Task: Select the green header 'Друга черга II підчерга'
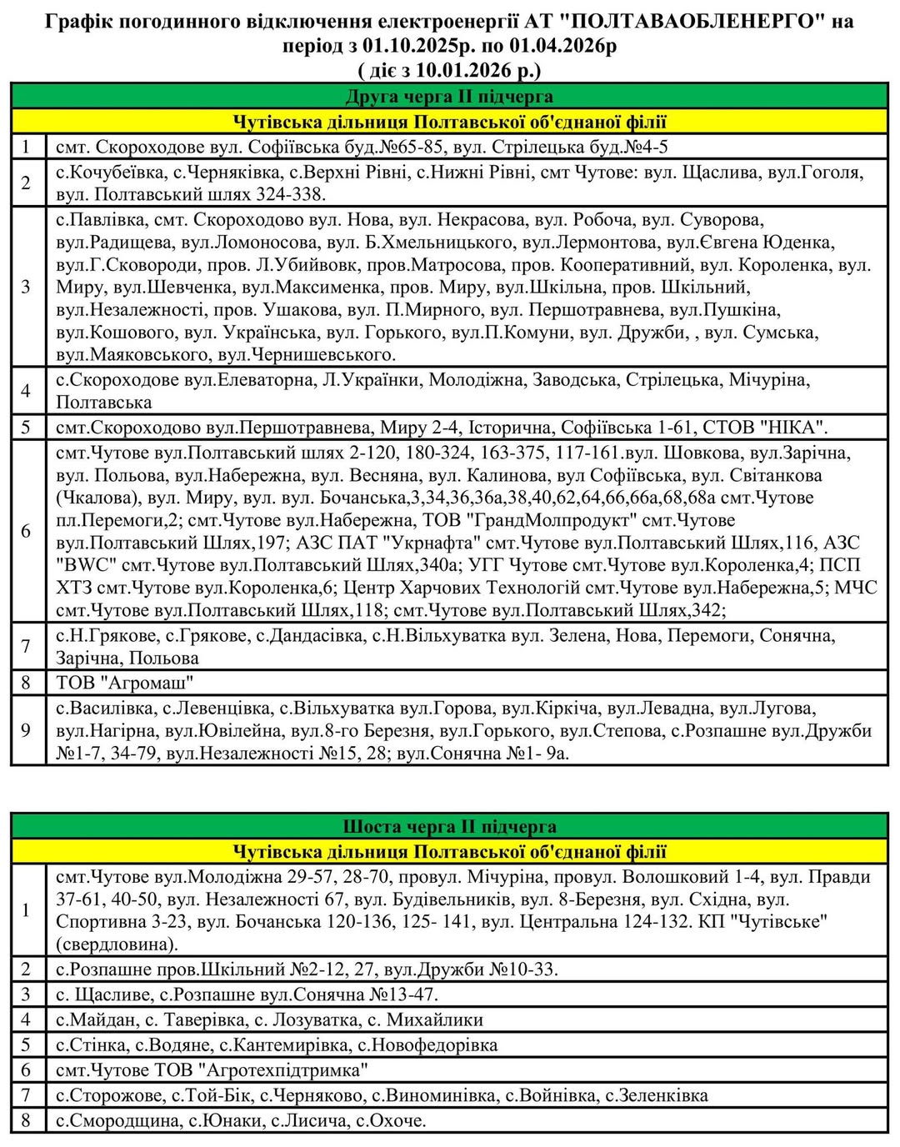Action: (449, 97)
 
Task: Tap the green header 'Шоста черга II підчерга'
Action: (449, 827)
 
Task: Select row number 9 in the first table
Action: (26, 731)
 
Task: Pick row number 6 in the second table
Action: (26, 1069)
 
